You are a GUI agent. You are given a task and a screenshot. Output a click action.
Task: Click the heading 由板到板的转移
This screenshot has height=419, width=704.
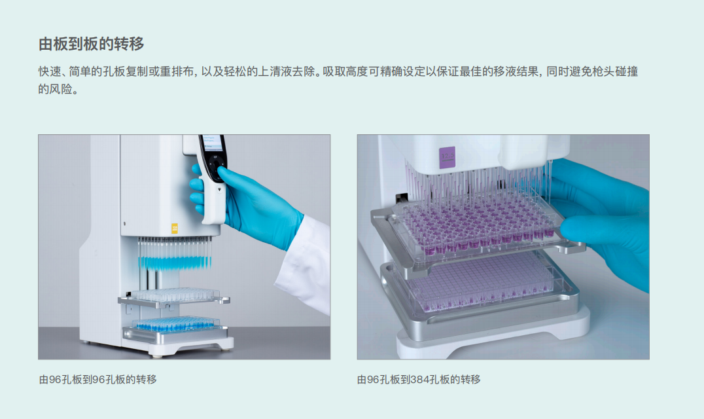[x=91, y=44]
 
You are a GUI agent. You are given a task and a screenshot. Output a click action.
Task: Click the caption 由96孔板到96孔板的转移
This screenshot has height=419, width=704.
[x=98, y=380]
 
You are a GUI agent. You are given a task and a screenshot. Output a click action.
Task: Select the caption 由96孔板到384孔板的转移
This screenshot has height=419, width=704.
[x=419, y=380]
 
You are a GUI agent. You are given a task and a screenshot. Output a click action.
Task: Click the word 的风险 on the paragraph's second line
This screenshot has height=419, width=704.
[x=55, y=89]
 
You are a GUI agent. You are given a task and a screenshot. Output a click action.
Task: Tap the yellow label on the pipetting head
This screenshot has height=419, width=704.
[x=175, y=228]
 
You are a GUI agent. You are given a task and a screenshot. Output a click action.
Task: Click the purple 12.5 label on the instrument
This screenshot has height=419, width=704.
[x=447, y=158]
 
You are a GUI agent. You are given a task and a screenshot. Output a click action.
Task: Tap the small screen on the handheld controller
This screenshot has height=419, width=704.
[x=213, y=142]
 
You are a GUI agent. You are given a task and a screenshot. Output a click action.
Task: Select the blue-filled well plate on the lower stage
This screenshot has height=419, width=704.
[x=175, y=324]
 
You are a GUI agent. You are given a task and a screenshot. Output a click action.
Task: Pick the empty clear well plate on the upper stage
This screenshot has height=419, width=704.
[x=175, y=295]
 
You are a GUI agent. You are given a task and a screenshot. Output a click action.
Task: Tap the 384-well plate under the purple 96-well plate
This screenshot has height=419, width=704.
[x=480, y=283]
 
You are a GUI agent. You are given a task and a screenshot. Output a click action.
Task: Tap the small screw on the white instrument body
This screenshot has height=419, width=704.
[x=124, y=223]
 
